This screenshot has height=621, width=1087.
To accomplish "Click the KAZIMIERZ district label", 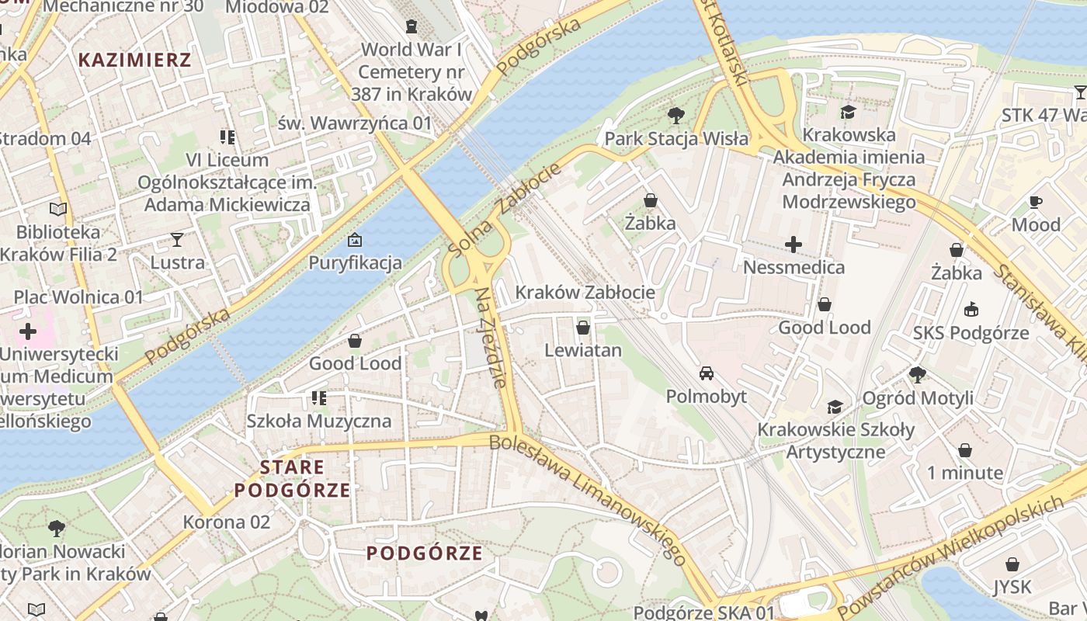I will click(x=134, y=60).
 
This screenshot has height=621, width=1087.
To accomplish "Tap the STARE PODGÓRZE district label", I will click(x=292, y=478).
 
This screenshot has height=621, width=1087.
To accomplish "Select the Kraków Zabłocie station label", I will click(x=585, y=293).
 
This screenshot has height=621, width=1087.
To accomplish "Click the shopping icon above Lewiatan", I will click(x=583, y=328).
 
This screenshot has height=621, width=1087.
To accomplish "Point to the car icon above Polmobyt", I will click(x=706, y=373).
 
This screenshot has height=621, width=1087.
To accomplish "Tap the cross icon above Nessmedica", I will click(x=793, y=245).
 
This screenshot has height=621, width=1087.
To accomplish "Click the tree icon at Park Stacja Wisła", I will click(x=675, y=116).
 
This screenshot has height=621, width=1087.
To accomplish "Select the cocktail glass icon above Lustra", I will click(x=177, y=240).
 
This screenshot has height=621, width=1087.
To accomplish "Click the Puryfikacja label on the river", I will click(x=356, y=262).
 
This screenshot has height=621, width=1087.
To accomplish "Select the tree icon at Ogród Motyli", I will click(x=917, y=375).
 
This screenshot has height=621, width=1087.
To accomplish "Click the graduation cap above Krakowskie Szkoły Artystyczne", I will click(x=835, y=407).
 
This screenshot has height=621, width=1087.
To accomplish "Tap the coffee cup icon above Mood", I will click(x=1035, y=202).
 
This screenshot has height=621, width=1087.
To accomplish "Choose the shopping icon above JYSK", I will click(x=1012, y=564).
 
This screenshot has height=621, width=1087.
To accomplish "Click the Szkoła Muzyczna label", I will click(x=318, y=422).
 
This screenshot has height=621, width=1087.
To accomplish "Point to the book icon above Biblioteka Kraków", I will click(x=58, y=209).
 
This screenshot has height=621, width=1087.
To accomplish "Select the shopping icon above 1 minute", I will click(x=964, y=450).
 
